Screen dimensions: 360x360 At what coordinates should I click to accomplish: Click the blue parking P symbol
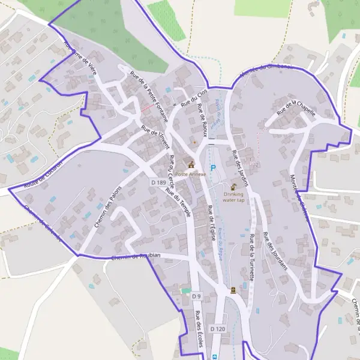[x=212, y=168]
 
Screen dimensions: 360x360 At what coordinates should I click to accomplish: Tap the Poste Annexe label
[x=191, y=174]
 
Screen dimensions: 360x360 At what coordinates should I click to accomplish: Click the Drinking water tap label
[x=233, y=197]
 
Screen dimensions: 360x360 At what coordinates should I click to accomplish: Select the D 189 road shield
[x=158, y=182]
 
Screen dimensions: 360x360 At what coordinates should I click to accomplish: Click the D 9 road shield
[x=196, y=296]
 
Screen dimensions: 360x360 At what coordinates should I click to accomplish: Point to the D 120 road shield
[x=217, y=329]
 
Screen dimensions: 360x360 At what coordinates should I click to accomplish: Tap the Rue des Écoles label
[x=199, y=329]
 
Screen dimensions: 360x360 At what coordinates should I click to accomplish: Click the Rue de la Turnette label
[x=254, y=254]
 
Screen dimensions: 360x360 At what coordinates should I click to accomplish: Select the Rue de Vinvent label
[x=156, y=136]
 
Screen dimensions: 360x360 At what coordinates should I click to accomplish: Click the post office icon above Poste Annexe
[x=191, y=164]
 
